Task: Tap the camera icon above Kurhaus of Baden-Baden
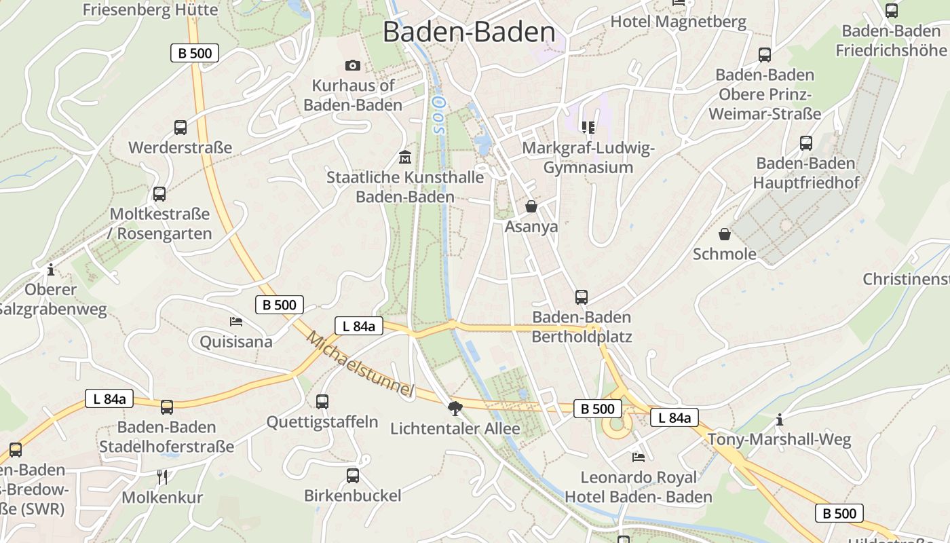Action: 353,65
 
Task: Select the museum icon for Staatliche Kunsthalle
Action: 405,157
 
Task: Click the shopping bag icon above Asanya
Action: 531,206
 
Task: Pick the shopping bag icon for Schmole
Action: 725,234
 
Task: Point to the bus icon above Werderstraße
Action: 180,127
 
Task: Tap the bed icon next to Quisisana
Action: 236,321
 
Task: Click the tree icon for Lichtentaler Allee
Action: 455,408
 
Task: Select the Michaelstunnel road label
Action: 360,364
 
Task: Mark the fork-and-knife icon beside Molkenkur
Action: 162,477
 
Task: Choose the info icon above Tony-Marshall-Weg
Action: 780,419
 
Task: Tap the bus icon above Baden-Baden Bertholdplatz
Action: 582,297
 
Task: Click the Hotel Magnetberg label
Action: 678,22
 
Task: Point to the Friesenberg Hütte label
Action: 150,10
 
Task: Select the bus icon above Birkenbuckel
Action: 353,475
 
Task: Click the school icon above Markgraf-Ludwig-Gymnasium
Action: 588,127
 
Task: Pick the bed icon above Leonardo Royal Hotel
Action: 639,457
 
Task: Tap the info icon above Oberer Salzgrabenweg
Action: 50,269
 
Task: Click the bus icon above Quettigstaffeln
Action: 322,401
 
